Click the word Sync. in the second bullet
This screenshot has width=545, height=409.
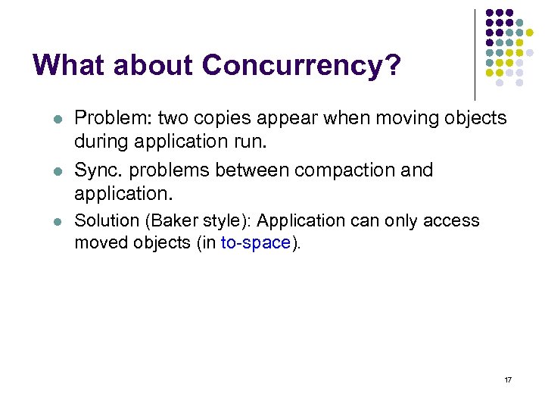pyautogui.click(x=96, y=170)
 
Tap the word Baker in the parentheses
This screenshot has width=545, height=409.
pyautogui.click(x=170, y=221)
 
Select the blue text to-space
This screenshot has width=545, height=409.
pyautogui.click(x=255, y=243)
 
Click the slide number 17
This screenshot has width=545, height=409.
pyautogui.click(x=508, y=379)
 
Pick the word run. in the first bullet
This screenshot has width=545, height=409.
pyautogui.click(x=274, y=141)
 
